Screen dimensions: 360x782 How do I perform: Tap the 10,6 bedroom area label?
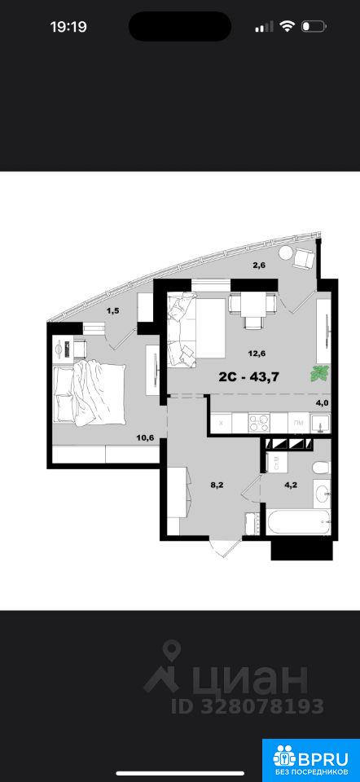(145, 438)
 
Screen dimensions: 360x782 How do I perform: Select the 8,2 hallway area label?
(217, 483)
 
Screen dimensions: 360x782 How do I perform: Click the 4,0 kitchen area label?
(321, 402)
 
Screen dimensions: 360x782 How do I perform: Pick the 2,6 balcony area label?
(258, 266)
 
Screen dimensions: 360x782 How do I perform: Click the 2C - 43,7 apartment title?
(248, 376)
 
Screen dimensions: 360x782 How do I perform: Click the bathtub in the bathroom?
(297, 522)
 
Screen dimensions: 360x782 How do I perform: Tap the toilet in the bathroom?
(320, 468)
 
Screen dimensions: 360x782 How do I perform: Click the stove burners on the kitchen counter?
(259, 423)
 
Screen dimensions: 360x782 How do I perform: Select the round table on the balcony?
(286, 253)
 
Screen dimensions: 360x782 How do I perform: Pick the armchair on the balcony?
(304, 257)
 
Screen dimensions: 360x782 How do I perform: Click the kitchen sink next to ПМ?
(319, 424)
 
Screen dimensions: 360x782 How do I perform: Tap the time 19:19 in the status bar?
(68, 26)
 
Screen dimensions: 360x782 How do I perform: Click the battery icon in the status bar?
(314, 26)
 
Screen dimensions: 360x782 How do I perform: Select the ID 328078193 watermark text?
(248, 706)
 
